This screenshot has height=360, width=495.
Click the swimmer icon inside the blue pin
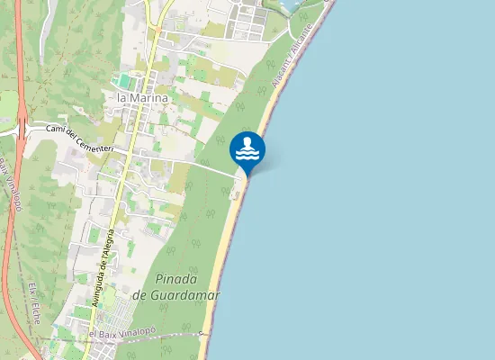[247, 149]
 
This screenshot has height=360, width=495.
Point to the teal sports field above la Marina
[124, 81]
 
